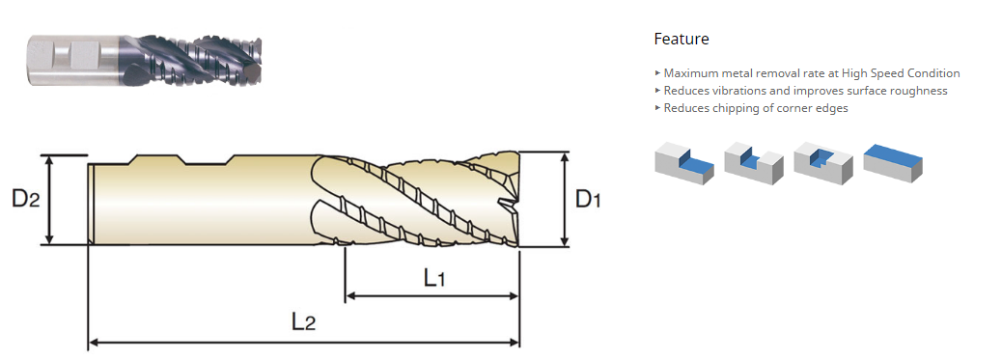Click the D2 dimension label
25,200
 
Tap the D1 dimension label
588,200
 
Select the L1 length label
433,278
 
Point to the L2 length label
303,321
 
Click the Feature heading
682,39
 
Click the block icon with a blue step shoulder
684,163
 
